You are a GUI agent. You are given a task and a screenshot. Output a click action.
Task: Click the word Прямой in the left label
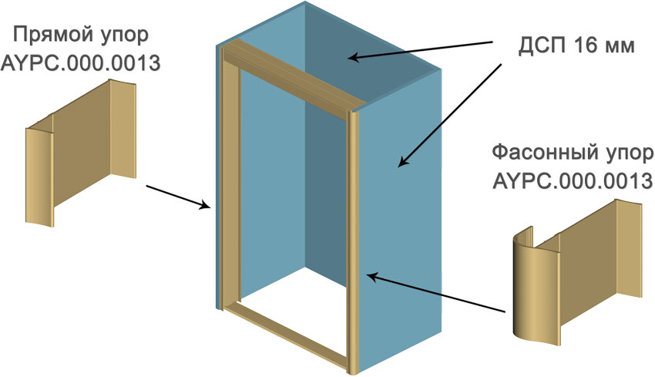[x=49, y=35]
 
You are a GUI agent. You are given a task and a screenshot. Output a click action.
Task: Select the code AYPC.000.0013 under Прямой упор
[x=81, y=63]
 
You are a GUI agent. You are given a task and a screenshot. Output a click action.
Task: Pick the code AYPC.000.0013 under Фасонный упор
[x=573, y=181]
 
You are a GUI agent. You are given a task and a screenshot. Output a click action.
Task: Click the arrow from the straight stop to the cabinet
[x=177, y=196]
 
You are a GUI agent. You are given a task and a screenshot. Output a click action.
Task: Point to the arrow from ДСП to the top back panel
[x=421, y=50]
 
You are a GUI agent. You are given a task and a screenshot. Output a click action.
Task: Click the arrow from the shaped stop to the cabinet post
[x=435, y=292]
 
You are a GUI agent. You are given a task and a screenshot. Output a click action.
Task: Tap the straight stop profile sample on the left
[x=81, y=153]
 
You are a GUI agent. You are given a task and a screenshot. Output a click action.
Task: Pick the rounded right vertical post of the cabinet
[x=353, y=242]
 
